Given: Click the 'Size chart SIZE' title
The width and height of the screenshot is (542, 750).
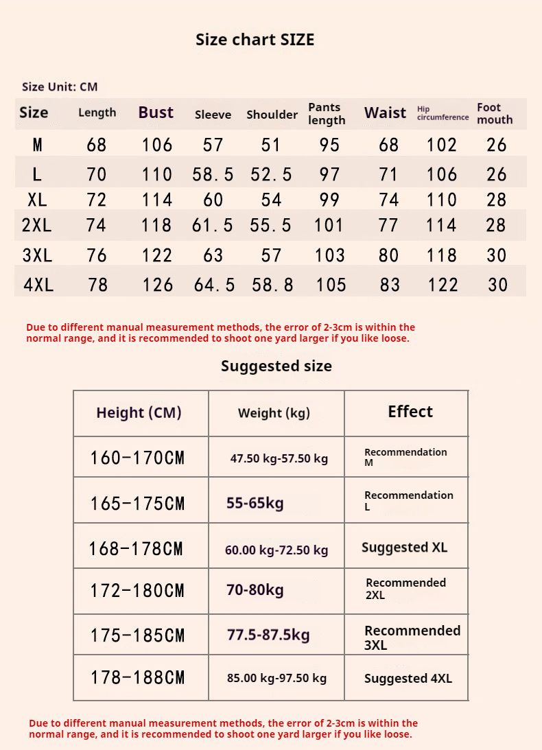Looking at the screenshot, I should coord(255,40).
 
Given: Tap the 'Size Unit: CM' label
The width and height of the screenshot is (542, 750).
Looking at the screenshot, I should coord(60,86).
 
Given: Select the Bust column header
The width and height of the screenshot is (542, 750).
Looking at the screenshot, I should coord(156,113).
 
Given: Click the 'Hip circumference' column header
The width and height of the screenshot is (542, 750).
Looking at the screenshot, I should coord(443,113).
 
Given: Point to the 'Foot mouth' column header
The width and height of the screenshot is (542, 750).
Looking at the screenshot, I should coord(495,113).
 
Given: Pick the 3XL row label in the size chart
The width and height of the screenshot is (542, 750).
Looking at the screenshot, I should coord(37,255).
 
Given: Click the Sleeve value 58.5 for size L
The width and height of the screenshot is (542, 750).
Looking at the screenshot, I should coord(213,174).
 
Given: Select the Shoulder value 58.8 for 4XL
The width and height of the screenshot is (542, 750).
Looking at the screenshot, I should coord(272,285).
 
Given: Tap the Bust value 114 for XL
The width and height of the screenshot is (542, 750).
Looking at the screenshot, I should coord(157,200).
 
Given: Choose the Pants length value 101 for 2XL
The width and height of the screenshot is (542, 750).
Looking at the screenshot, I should coord(329,225).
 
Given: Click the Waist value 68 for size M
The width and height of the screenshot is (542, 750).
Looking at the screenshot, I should coord(389,145).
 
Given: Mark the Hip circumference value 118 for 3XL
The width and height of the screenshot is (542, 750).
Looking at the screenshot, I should coord(442,255).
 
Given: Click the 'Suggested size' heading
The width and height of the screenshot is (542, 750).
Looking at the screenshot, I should coord(276,366).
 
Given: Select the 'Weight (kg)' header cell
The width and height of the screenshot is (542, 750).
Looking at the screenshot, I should coord(274,413).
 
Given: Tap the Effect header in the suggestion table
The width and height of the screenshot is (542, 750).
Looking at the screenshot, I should coord(410,412).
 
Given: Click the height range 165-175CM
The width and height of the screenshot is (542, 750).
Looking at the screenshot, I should coord(137,504).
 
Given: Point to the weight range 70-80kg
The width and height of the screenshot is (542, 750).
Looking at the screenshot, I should coord(255,589).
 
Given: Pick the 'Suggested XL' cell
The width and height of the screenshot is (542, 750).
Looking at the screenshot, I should coord(404,548).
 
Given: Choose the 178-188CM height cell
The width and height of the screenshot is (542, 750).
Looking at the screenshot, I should coord(137,678).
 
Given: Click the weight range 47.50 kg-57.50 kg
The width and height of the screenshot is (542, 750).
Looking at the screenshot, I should coord(279,458).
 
